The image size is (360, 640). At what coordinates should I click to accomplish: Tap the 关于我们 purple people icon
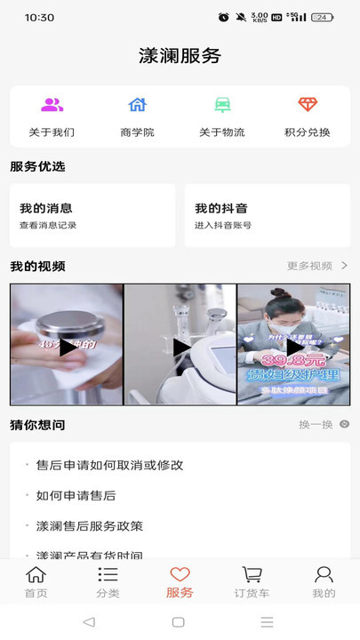52,105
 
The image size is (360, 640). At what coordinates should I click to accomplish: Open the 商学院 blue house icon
137,105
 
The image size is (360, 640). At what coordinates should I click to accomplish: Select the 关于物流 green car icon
222,105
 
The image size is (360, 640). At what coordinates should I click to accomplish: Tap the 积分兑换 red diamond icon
308,105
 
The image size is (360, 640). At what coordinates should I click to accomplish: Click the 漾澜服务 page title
180,56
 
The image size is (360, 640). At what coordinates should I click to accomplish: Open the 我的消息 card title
46,208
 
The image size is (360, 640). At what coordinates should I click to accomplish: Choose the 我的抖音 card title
221,208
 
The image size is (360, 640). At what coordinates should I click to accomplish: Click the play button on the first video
68,348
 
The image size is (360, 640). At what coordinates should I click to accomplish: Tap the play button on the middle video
180,348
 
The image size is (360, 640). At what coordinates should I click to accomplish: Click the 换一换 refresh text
316,425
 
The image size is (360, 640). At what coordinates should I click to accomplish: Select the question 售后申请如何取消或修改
109,465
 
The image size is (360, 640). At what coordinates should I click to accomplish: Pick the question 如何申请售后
76,495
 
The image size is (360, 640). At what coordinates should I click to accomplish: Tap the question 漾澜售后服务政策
89,525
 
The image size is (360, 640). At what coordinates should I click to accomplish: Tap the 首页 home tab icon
36,575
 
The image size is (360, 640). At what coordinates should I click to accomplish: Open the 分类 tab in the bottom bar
108,581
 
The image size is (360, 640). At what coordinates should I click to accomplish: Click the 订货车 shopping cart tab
252,581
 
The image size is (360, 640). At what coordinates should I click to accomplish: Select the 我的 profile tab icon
324,575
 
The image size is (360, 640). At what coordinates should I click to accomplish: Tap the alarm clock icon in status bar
223,17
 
